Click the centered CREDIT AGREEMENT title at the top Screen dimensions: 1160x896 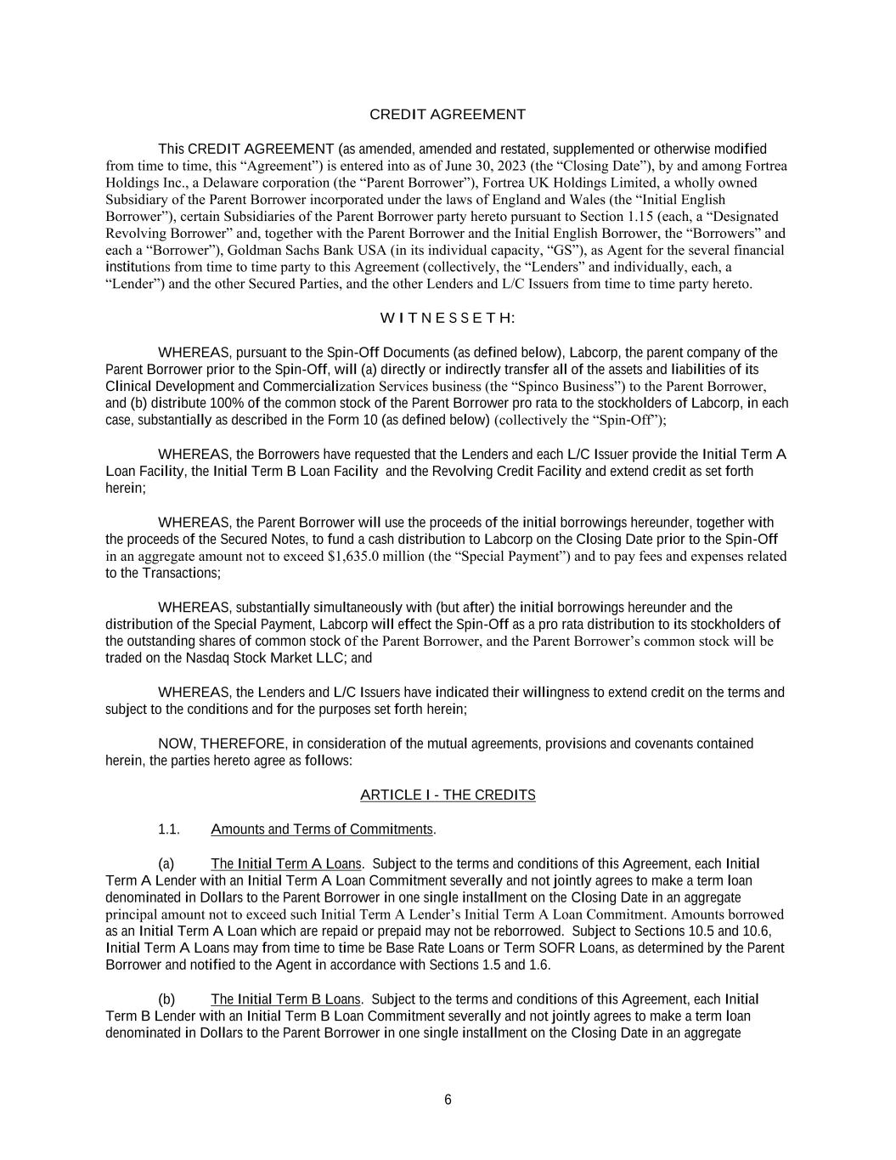click(x=448, y=115)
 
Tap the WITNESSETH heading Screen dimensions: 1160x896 click(x=448, y=319)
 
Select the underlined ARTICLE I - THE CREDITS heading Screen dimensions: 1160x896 click(x=448, y=795)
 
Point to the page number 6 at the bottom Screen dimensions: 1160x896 click(x=448, y=1101)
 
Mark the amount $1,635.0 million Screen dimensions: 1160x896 click(x=375, y=557)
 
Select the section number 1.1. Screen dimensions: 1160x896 click(x=169, y=829)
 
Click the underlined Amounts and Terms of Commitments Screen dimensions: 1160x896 click(x=322, y=829)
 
